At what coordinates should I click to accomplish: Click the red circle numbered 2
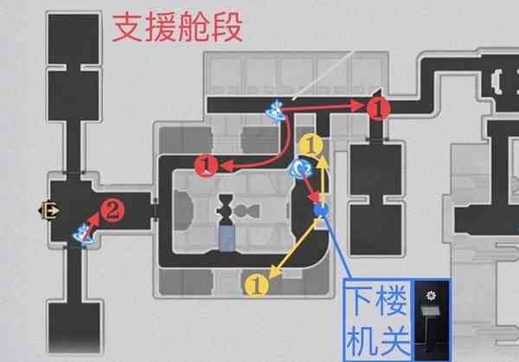point(112,210)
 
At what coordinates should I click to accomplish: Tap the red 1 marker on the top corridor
point(378,108)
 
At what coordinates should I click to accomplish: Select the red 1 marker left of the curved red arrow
point(206,166)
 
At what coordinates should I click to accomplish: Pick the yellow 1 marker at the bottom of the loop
point(257,285)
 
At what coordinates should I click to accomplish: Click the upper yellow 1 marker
point(311,145)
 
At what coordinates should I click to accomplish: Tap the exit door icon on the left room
point(49,210)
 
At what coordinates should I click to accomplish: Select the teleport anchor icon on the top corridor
point(275,111)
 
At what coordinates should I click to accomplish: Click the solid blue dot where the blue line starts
point(321,210)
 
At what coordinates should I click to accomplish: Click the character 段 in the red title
point(227,27)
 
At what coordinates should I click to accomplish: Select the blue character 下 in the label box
point(362,300)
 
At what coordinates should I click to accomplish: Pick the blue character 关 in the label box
point(394,340)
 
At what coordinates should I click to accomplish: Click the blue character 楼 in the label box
point(394,300)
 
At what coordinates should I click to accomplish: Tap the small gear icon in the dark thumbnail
point(431,295)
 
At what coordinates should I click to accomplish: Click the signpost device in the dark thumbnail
point(430,327)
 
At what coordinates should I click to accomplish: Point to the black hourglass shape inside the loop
point(226,208)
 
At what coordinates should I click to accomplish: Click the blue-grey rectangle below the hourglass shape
point(227,237)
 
